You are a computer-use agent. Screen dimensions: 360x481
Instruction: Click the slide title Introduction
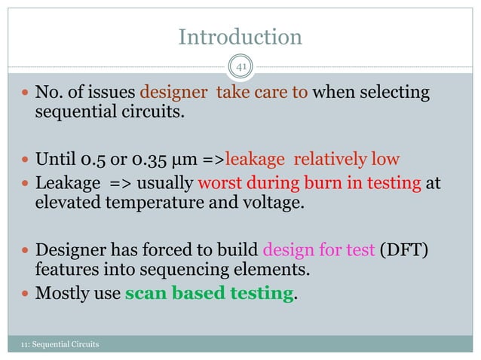coord(240,36)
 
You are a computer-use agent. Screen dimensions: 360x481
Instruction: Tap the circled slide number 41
coord(240,68)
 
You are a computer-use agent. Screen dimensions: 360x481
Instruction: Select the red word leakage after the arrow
coord(256,159)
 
